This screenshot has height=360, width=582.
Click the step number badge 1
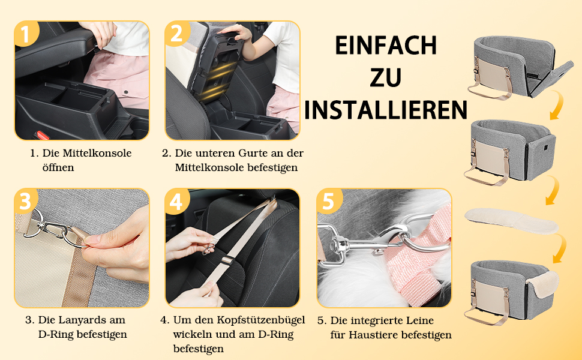(26, 34)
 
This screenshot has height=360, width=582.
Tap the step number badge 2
(176, 34)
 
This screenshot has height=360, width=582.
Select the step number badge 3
(26, 201)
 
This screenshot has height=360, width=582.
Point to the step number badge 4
(176, 201)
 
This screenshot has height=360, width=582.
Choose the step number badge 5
(328, 201)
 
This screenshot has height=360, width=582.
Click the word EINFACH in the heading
(386, 46)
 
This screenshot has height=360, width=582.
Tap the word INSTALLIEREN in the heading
(386, 110)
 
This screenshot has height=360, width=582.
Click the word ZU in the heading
(386, 77)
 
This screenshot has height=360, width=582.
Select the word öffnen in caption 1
(58, 167)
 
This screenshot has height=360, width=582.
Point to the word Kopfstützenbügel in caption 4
(261, 320)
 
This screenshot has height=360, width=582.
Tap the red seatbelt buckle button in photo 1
(42, 136)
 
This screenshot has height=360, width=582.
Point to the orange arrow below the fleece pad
(560, 248)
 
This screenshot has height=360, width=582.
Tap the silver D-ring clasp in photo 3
(56, 227)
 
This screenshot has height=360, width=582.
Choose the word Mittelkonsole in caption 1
(97, 153)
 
